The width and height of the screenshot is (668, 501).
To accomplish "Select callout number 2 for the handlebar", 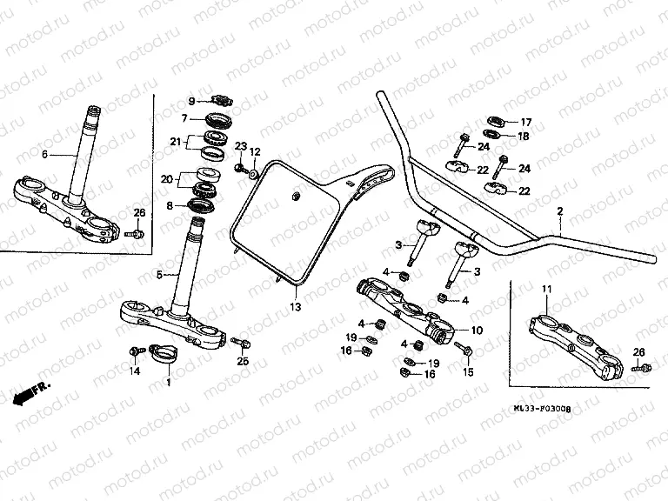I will pyautogui.click(x=560, y=211).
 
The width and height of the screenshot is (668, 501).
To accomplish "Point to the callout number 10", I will pyautogui.click(x=476, y=331).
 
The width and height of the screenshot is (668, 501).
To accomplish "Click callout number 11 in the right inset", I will pyautogui.click(x=546, y=288).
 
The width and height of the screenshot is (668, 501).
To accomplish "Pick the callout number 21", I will pyautogui.click(x=175, y=142).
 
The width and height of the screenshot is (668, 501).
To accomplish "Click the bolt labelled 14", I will pyautogui.click(x=135, y=352).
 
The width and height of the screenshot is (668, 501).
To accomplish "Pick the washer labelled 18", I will pyautogui.click(x=491, y=135).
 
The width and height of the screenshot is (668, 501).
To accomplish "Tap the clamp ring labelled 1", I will pyautogui.click(x=169, y=355).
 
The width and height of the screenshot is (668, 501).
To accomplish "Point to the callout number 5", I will pyautogui.click(x=160, y=276).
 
